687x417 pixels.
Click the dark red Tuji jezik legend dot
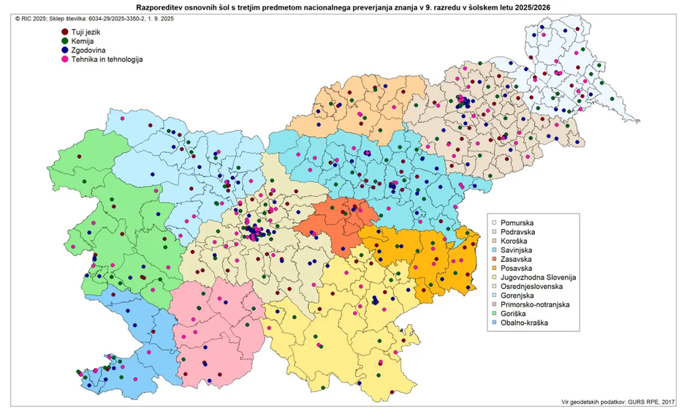coord(65,33)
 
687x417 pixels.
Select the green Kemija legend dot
coord(65,42)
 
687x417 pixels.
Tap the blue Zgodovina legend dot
coord(65,50)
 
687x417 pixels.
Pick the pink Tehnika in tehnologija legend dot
coord(65,59)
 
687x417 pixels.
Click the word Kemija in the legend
coord(86,42)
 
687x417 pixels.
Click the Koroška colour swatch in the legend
coord(496,241)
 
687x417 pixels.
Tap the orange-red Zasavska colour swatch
coord(496,259)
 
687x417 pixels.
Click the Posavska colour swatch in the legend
coord(496,268)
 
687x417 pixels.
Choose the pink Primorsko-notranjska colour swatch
coord(496,306)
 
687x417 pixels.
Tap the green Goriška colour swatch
coord(496,315)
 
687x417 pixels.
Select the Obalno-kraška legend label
coord(525,325)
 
